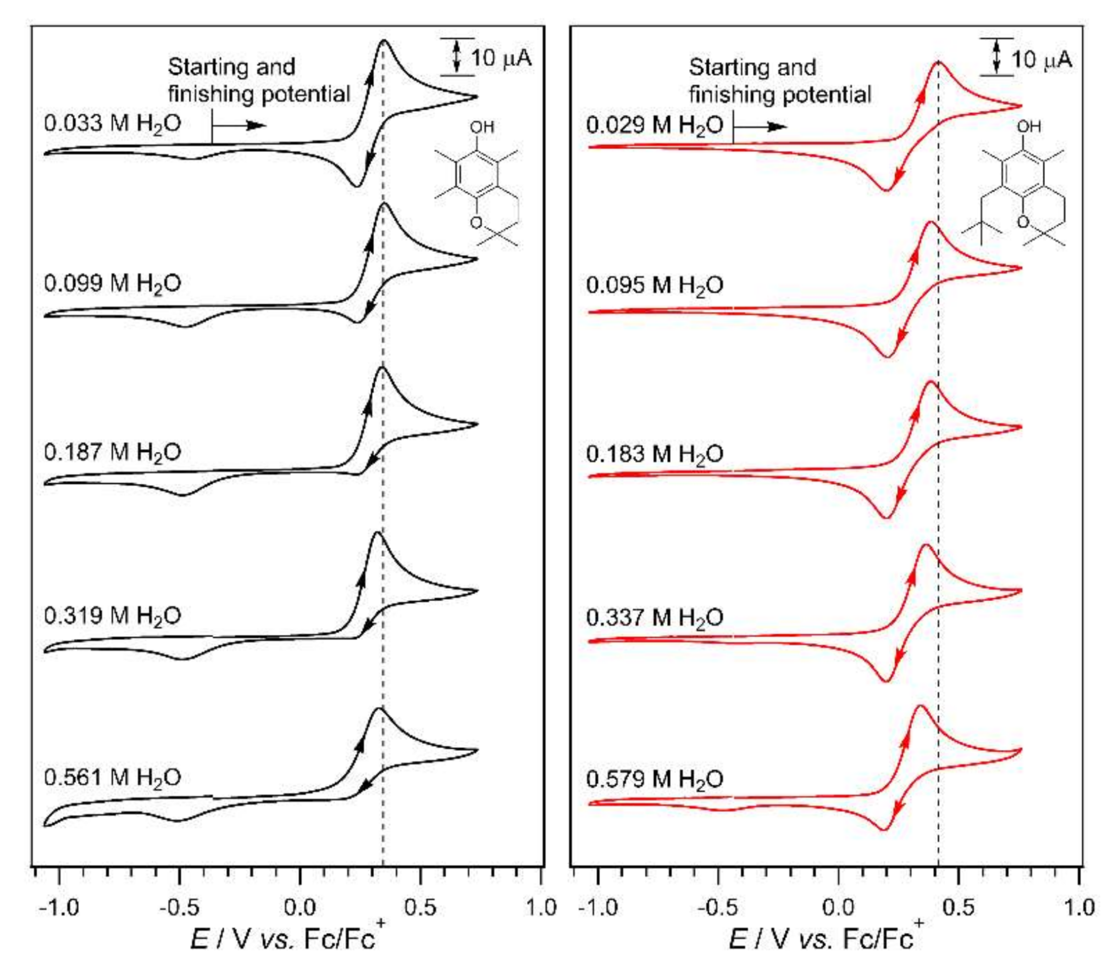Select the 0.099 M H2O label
tap(112, 284)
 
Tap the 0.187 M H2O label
tap(112, 452)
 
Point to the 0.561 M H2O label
tap(112, 778)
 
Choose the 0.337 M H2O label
tap(654, 618)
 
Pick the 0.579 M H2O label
tap(654, 780)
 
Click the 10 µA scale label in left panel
tap(500, 58)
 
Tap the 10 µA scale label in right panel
tap(1041, 59)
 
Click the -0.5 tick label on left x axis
tap(179, 907)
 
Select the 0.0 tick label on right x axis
tap(838, 907)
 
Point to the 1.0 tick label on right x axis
tap(1080, 907)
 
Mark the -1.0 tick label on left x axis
tap(59, 907)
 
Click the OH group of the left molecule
tap(482, 127)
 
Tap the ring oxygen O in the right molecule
tap(1023, 222)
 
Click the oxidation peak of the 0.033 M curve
tap(384, 40)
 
